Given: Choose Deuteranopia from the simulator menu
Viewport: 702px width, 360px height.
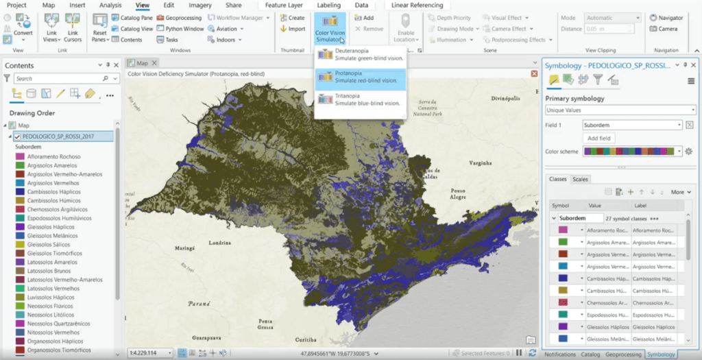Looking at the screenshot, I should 361,55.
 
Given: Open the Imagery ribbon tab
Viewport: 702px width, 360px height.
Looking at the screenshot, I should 200,5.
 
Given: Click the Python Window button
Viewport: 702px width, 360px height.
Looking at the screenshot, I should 180,29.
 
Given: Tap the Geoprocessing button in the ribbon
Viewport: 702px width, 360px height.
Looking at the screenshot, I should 179,18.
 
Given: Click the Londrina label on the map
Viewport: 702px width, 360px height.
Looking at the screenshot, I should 219,243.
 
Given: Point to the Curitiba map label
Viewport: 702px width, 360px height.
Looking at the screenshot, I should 306,339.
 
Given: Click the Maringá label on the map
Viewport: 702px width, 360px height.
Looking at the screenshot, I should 185,248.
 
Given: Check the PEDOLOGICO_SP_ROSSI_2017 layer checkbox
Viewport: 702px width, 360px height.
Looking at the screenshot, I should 18,136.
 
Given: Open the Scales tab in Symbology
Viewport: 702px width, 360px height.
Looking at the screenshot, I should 580,179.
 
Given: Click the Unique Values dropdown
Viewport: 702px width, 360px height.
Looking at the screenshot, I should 620,110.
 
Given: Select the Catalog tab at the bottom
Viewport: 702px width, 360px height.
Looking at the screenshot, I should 590,355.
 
